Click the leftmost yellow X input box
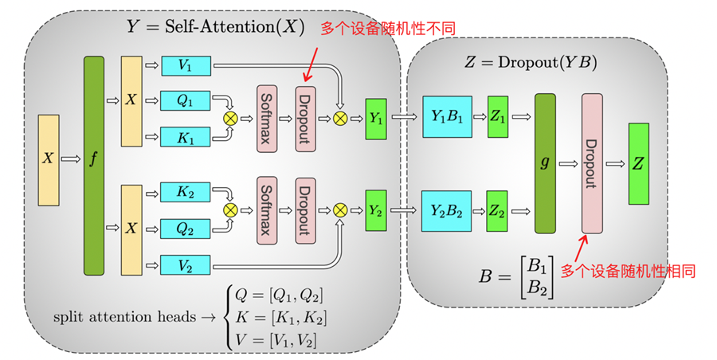tap(49, 158)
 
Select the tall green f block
tap(94, 166)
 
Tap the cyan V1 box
tap(186, 66)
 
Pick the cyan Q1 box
tap(186, 100)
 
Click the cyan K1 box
tap(186, 136)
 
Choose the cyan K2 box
tap(186, 193)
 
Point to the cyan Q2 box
tap(186, 229)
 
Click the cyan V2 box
tap(186, 264)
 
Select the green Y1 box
tap(376, 118)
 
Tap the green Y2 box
tap(376, 210)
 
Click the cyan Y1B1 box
tap(445, 117)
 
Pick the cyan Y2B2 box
tap(445, 210)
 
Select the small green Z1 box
tap(497, 117)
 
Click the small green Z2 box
tap(497, 210)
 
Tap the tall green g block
tap(545, 163)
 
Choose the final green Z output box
tap(639, 163)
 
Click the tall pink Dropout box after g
tap(591, 163)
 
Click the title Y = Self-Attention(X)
tap(216, 26)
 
